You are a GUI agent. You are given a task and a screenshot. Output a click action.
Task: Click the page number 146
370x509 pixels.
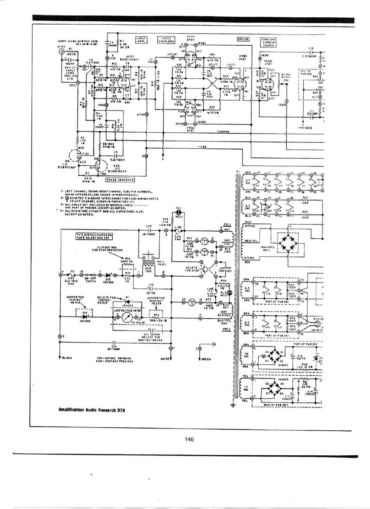pyautogui.click(x=189, y=439)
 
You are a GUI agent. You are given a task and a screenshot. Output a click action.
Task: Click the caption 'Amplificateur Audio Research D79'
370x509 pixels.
pyautogui.click(x=92, y=410)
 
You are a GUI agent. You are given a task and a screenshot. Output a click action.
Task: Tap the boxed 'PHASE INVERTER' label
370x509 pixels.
pyautogui.click(x=120, y=179)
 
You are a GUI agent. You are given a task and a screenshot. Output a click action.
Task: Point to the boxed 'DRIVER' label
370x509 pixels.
pyautogui.click(x=243, y=39)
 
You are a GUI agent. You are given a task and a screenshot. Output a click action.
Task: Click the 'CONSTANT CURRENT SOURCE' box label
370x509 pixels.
pyautogui.click(x=269, y=42)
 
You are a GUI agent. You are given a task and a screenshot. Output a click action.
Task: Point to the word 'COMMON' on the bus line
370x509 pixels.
pyautogui.click(x=223, y=132)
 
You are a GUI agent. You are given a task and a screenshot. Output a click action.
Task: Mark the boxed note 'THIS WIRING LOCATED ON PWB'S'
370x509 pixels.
pyautogui.click(x=94, y=236)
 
